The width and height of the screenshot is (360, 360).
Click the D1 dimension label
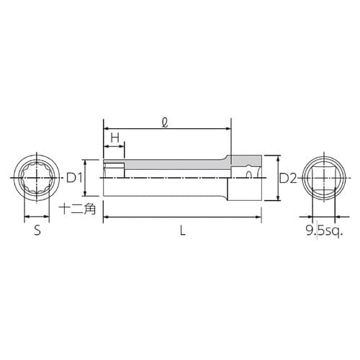click(x=75, y=178)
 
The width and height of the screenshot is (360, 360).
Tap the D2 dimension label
click(x=287, y=178)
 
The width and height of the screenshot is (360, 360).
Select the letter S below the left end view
click(x=37, y=232)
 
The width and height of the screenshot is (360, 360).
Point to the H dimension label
click(x=114, y=138)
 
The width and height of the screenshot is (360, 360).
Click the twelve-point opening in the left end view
click(x=37, y=178)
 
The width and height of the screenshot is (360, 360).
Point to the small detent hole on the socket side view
click(x=249, y=174)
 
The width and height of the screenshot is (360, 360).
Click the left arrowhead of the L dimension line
click(x=106, y=216)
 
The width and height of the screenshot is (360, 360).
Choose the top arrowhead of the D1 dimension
click(x=86, y=161)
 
